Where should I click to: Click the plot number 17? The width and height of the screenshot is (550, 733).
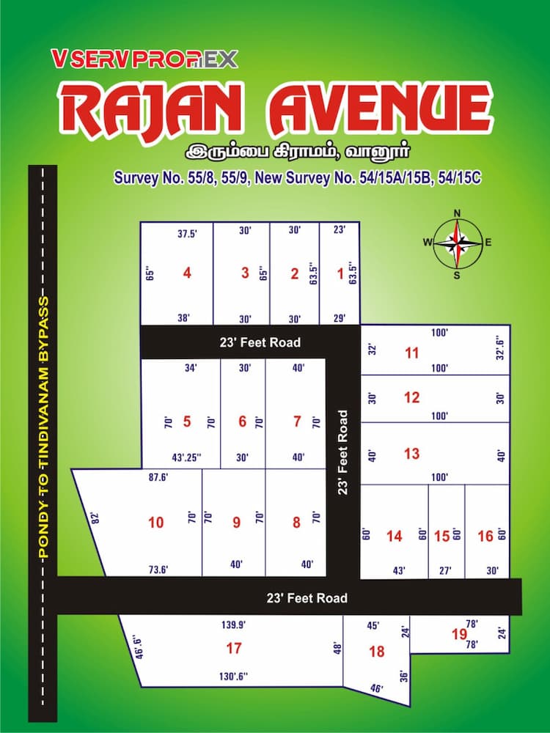tap(234, 648)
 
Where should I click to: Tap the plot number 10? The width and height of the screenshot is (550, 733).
tap(155, 523)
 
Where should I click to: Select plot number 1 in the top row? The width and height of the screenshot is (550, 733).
tap(340, 274)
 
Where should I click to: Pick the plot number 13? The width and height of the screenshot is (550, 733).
tap(411, 454)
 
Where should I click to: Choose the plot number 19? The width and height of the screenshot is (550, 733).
tap(460, 634)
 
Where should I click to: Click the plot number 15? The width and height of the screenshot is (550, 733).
tap(441, 536)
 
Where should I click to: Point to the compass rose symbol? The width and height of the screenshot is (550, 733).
tap(458, 242)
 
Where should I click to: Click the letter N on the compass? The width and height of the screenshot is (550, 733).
tap(458, 214)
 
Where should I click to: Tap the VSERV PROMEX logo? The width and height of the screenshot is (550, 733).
tap(144, 59)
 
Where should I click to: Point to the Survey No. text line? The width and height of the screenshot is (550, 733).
tap(296, 177)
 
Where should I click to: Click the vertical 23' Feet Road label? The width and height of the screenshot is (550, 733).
tap(342, 452)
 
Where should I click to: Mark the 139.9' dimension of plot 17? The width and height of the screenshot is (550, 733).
tap(233, 625)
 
